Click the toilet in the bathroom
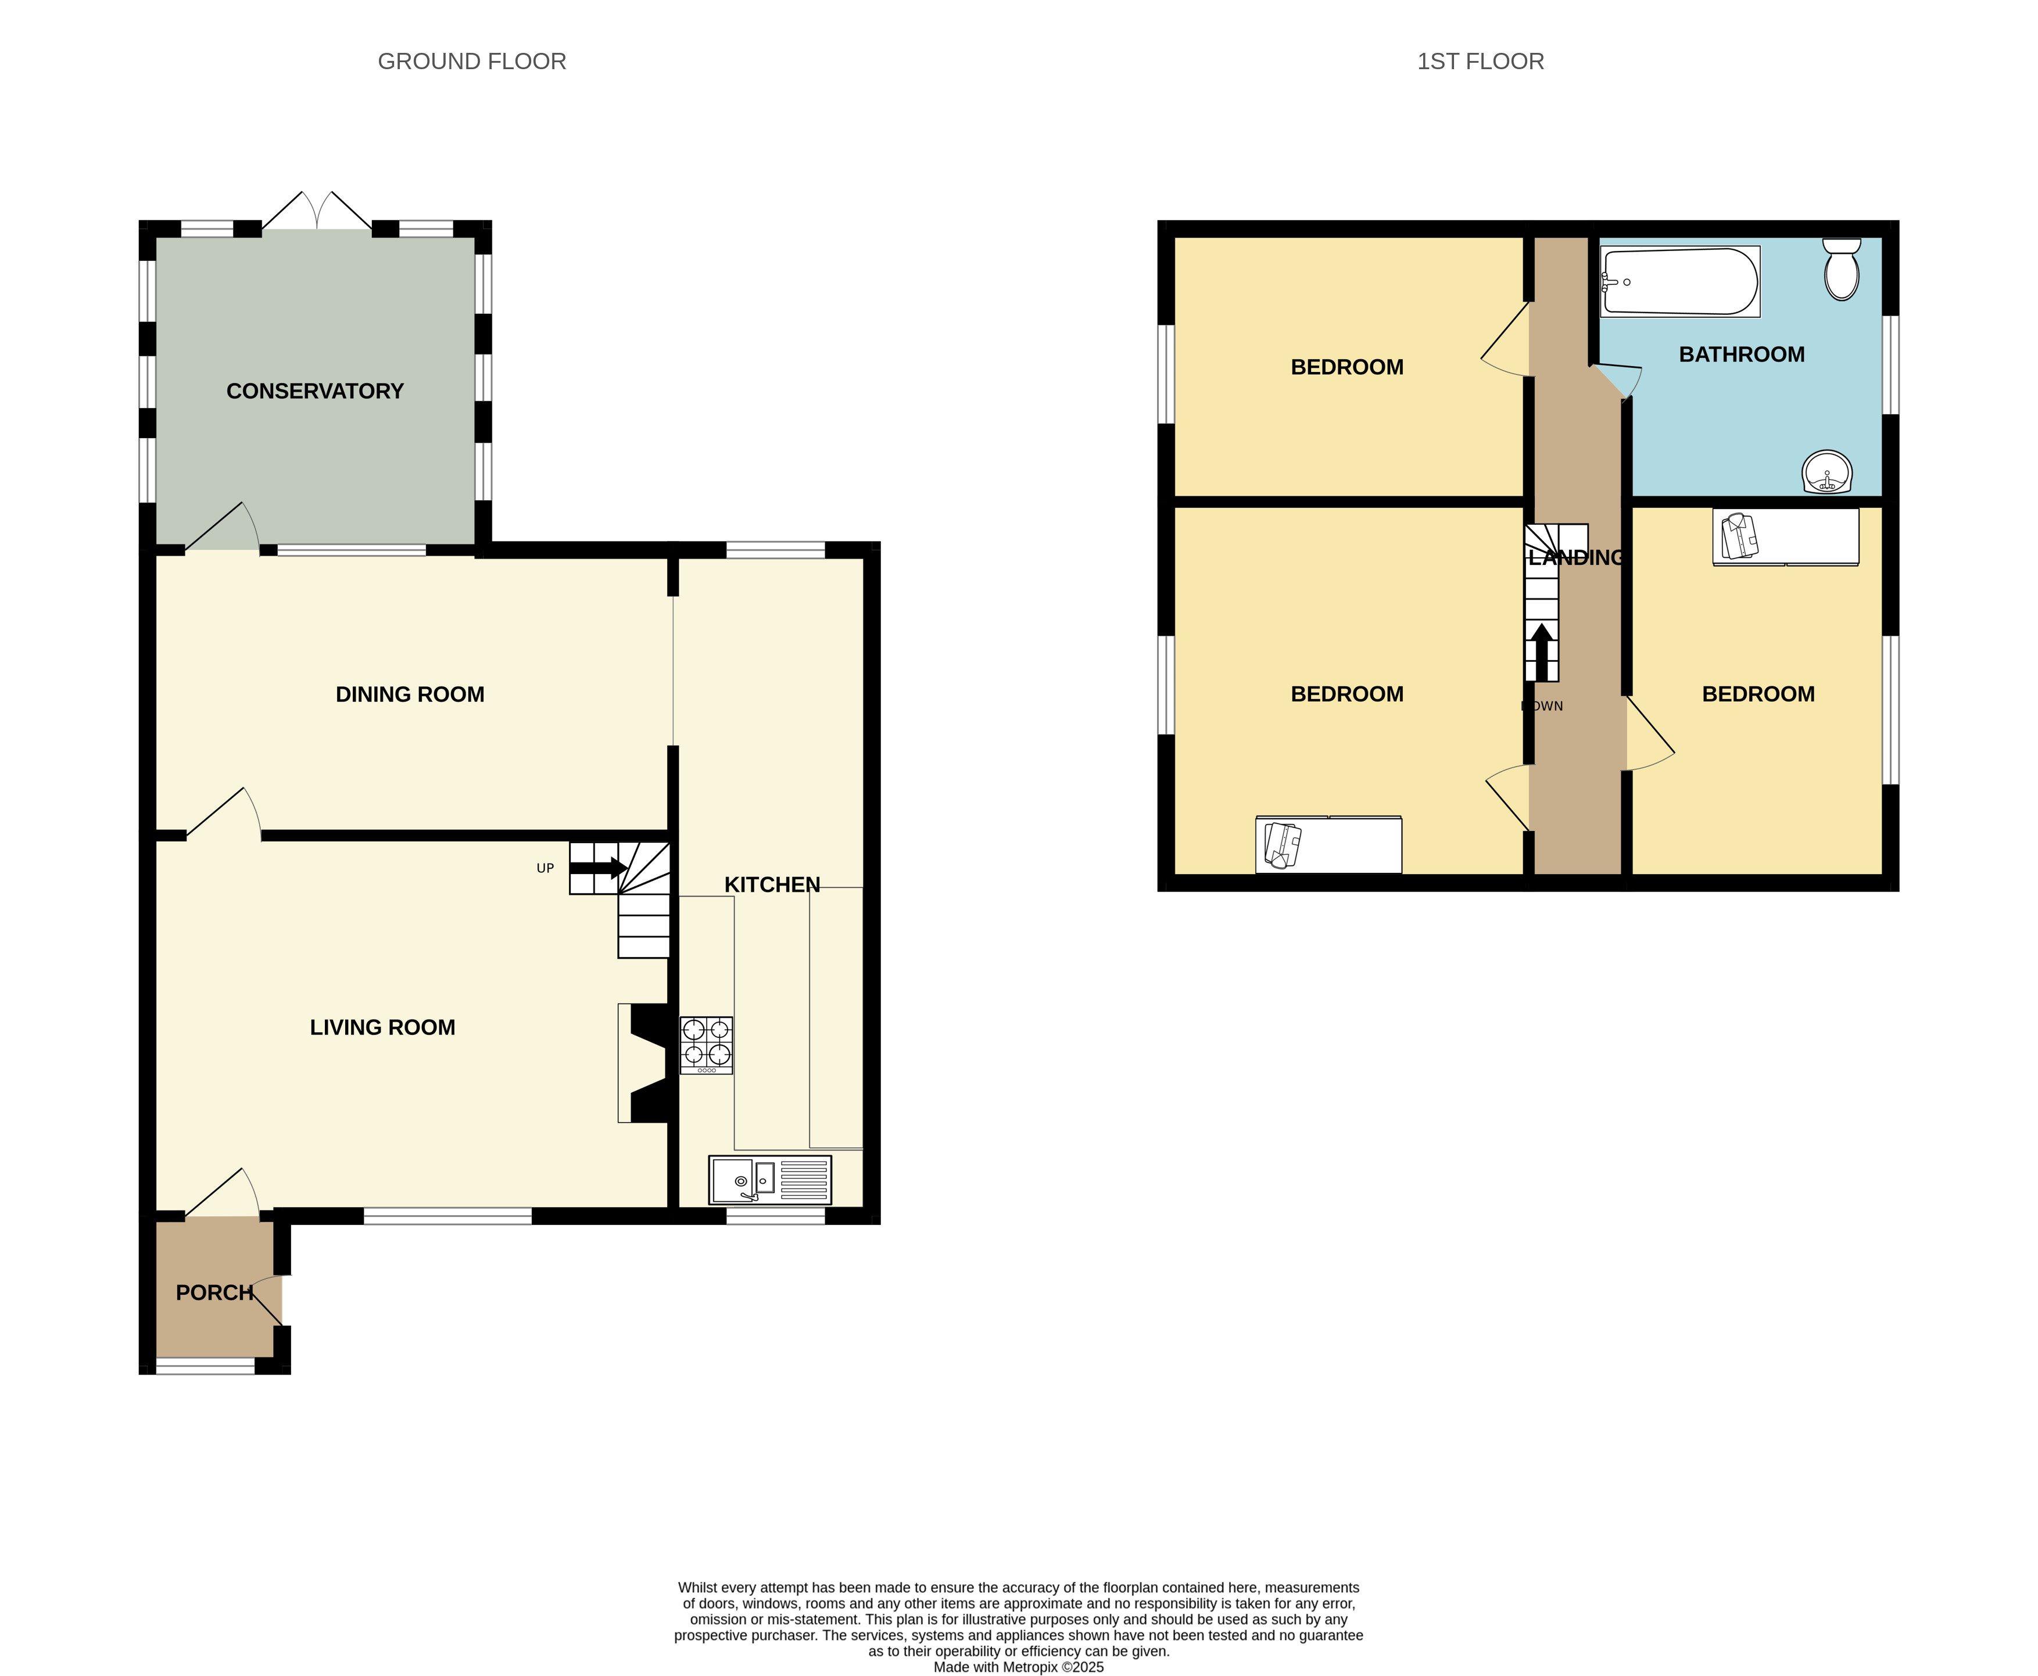[x=1841, y=270]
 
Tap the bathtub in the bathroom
[x=1680, y=281]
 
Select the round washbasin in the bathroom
[x=1826, y=472]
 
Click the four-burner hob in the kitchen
[x=705, y=1045]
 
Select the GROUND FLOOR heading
[x=472, y=62]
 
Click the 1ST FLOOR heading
[x=1480, y=62]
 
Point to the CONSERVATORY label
[x=315, y=391]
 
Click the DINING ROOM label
[x=409, y=694]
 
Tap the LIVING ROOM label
[x=382, y=1027]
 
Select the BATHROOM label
[x=1742, y=354]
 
